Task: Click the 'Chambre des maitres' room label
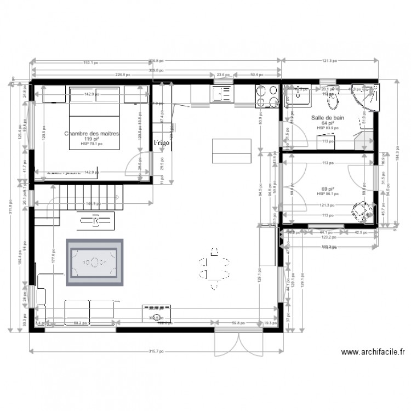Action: point(92,133)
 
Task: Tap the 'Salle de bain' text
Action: point(327,118)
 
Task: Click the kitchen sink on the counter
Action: point(222,94)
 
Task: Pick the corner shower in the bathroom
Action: point(365,98)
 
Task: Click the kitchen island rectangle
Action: point(232,150)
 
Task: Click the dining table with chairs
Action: point(214,268)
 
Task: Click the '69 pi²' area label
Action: point(328,188)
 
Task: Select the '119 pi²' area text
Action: point(92,139)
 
